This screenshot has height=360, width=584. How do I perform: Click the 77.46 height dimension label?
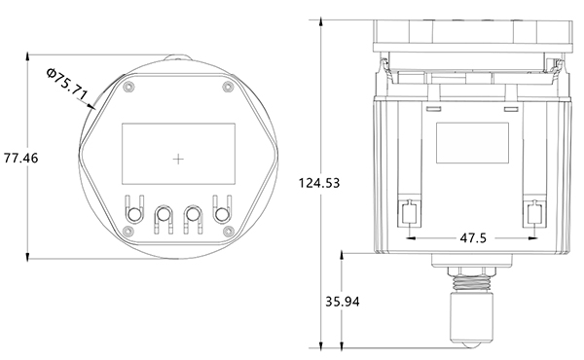click(20, 158)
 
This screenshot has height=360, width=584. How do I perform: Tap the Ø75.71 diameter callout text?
click(67, 84)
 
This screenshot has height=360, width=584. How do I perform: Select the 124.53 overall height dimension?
click(319, 183)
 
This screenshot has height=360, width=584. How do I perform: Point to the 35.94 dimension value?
click(343, 302)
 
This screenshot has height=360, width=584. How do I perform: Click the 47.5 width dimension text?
click(473, 237)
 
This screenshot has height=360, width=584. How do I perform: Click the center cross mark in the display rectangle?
click(178, 160)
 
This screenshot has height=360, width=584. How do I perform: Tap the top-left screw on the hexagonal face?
click(128, 87)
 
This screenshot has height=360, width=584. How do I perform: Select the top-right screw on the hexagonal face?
click(228, 87)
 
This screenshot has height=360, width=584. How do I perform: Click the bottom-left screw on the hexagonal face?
click(128, 232)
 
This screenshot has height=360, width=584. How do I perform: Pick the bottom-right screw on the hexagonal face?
click(228, 232)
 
